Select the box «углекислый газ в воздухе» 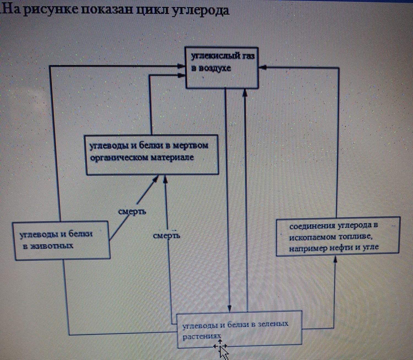pyautogui.click(x=222, y=68)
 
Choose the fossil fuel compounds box pyautogui.click(x=338, y=237)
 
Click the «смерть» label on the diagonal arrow pyautogui.click(x=132, y=212)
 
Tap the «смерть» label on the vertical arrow pyautogui.click(x=167, y=236)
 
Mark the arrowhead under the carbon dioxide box pyautogui.click(x=245, y=93)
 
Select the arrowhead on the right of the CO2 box pyautogui.click(x=262, y=67)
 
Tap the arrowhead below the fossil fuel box pyautogui.click(x=335, y=259)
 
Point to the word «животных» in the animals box pyautogui.click(x=48, y=246)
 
